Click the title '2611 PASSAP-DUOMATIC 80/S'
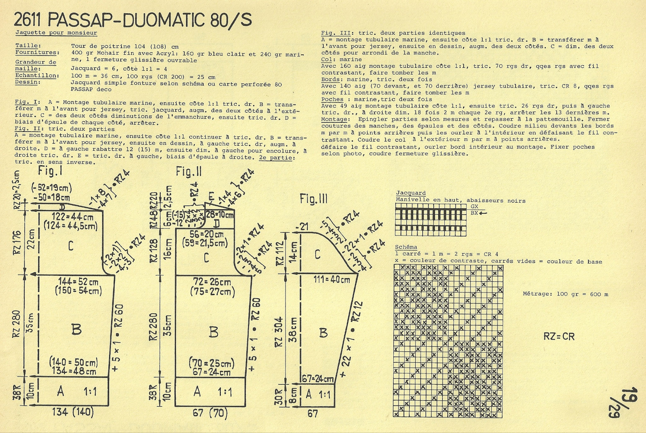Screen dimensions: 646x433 coord(133,20)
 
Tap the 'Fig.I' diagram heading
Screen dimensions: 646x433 coord(50,171)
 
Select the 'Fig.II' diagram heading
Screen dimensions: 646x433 coord(189,172)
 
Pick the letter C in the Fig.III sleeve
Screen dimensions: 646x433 coord(317,254)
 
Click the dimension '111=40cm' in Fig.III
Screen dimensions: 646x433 coord(332,279)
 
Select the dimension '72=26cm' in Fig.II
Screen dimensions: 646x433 coord(213,282)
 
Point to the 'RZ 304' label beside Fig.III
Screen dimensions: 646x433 coord(279,332)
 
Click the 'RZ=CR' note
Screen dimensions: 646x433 coord(559,336)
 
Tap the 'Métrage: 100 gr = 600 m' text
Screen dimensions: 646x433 coord(566,294)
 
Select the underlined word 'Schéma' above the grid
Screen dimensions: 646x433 coord(406,247)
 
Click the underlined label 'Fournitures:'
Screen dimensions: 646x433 coord(37,53)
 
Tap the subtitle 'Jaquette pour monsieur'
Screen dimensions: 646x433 coord(56,33)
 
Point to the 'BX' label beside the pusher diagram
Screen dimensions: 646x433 coord(474,213)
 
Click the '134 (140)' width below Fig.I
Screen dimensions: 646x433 coord(68,412)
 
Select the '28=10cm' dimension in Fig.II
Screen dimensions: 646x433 coord(220,215)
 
